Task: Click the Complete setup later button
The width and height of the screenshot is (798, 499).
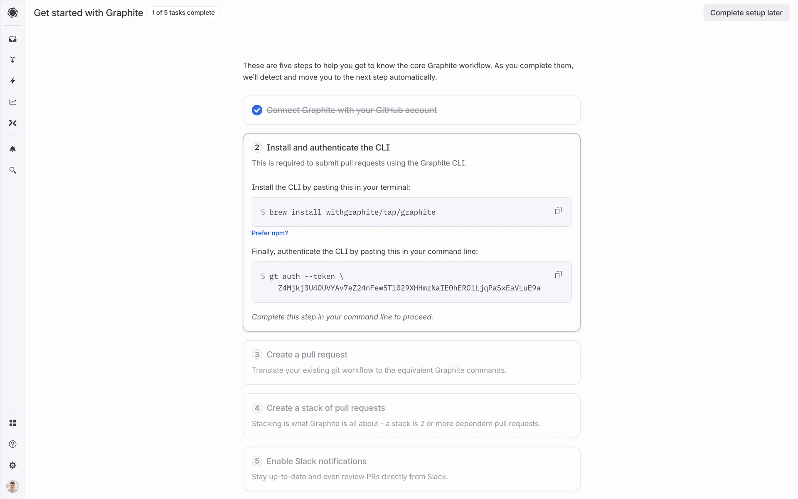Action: pos(746,13)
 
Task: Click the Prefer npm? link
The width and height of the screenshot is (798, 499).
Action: pos(270,233)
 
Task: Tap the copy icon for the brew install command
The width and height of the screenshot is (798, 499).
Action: pos(558,211)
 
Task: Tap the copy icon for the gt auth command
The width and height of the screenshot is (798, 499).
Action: pos(558,275)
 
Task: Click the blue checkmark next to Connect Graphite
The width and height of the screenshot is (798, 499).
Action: pos(257,110)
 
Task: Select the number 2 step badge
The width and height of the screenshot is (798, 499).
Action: pos(257,148)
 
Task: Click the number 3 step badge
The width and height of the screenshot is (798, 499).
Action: pos(257,355)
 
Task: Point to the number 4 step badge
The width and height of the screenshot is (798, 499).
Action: pos(257,408)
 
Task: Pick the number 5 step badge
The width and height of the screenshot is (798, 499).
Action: pos(257,461)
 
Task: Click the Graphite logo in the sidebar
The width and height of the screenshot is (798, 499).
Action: pos(12,13)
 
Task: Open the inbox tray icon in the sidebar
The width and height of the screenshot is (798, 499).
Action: pos(12,39)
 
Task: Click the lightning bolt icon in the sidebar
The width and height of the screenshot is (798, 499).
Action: pos(12,81)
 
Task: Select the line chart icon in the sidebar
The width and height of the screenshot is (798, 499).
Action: pos(12,102)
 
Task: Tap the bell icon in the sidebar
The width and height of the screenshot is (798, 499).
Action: pos(12,149)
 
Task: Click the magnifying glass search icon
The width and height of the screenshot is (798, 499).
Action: pos(12,170)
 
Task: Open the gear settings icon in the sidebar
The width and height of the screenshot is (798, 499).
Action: pos(12,465)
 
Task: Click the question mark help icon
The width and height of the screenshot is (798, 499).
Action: pos(12,444)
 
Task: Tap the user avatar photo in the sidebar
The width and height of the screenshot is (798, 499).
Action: pos(12,486)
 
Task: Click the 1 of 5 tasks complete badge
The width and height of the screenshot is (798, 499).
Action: pos(183,13)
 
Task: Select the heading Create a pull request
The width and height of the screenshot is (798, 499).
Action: pos(307,355)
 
